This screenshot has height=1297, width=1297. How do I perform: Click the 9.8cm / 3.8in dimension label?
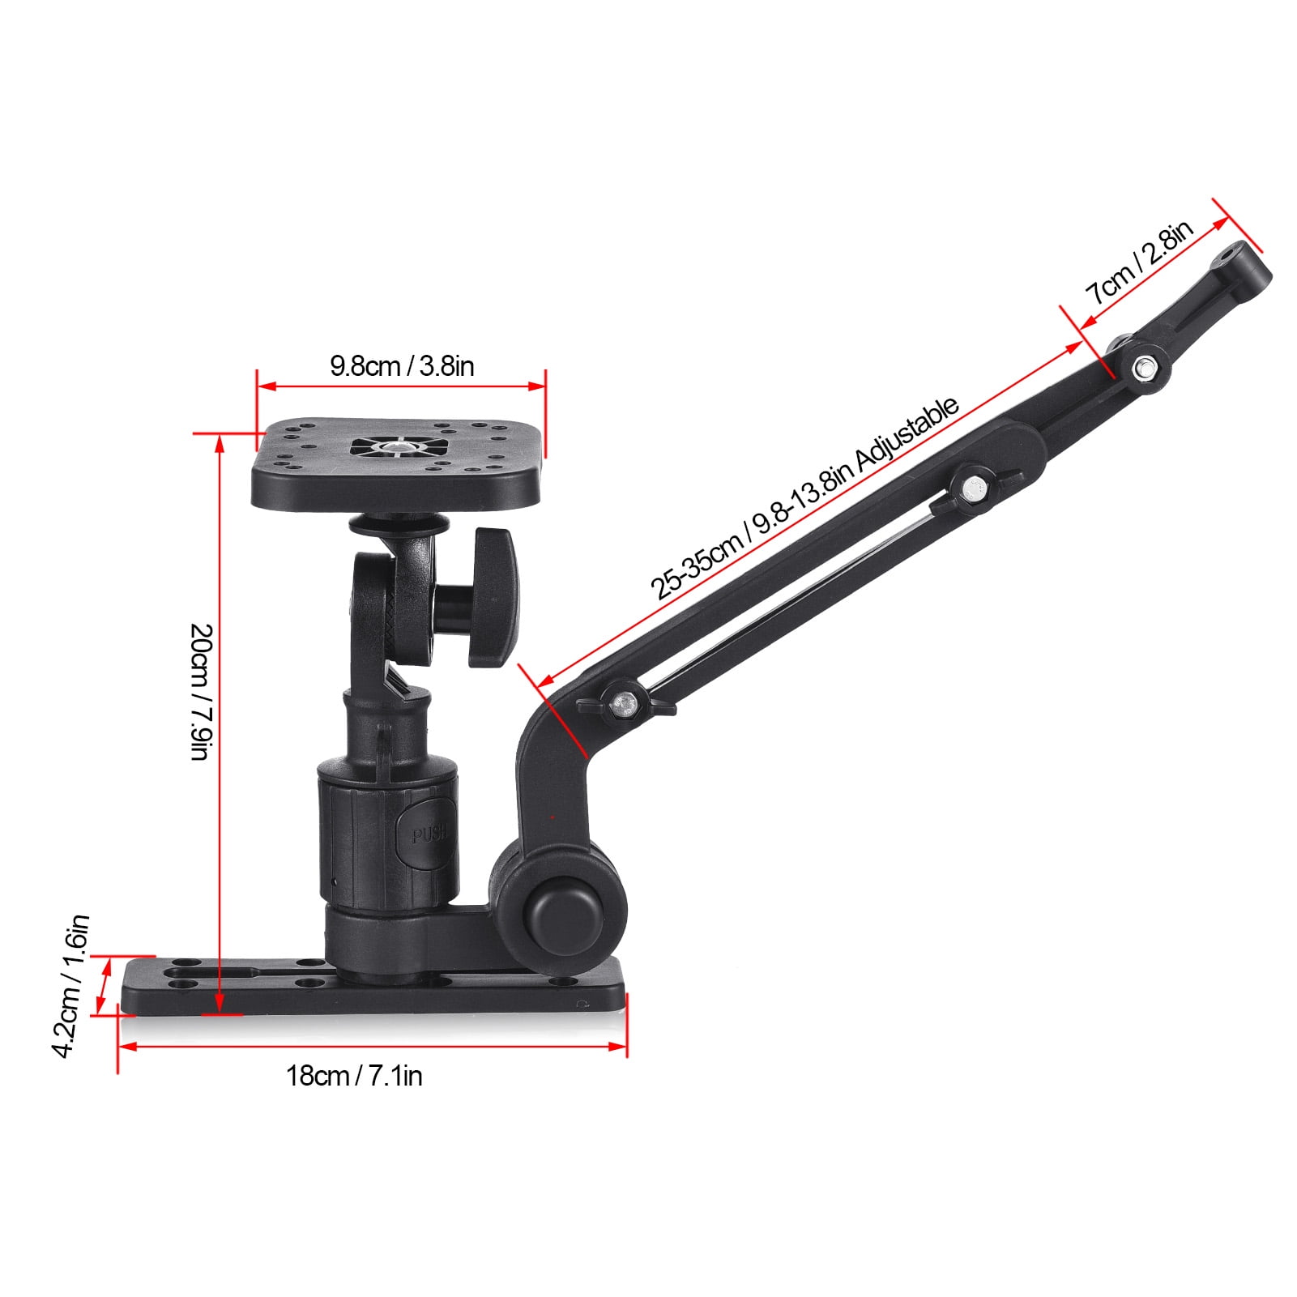402,366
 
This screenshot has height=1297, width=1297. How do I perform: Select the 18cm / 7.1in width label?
354,1076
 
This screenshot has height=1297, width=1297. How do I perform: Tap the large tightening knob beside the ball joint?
493,597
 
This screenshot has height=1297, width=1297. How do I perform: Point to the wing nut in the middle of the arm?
971,489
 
